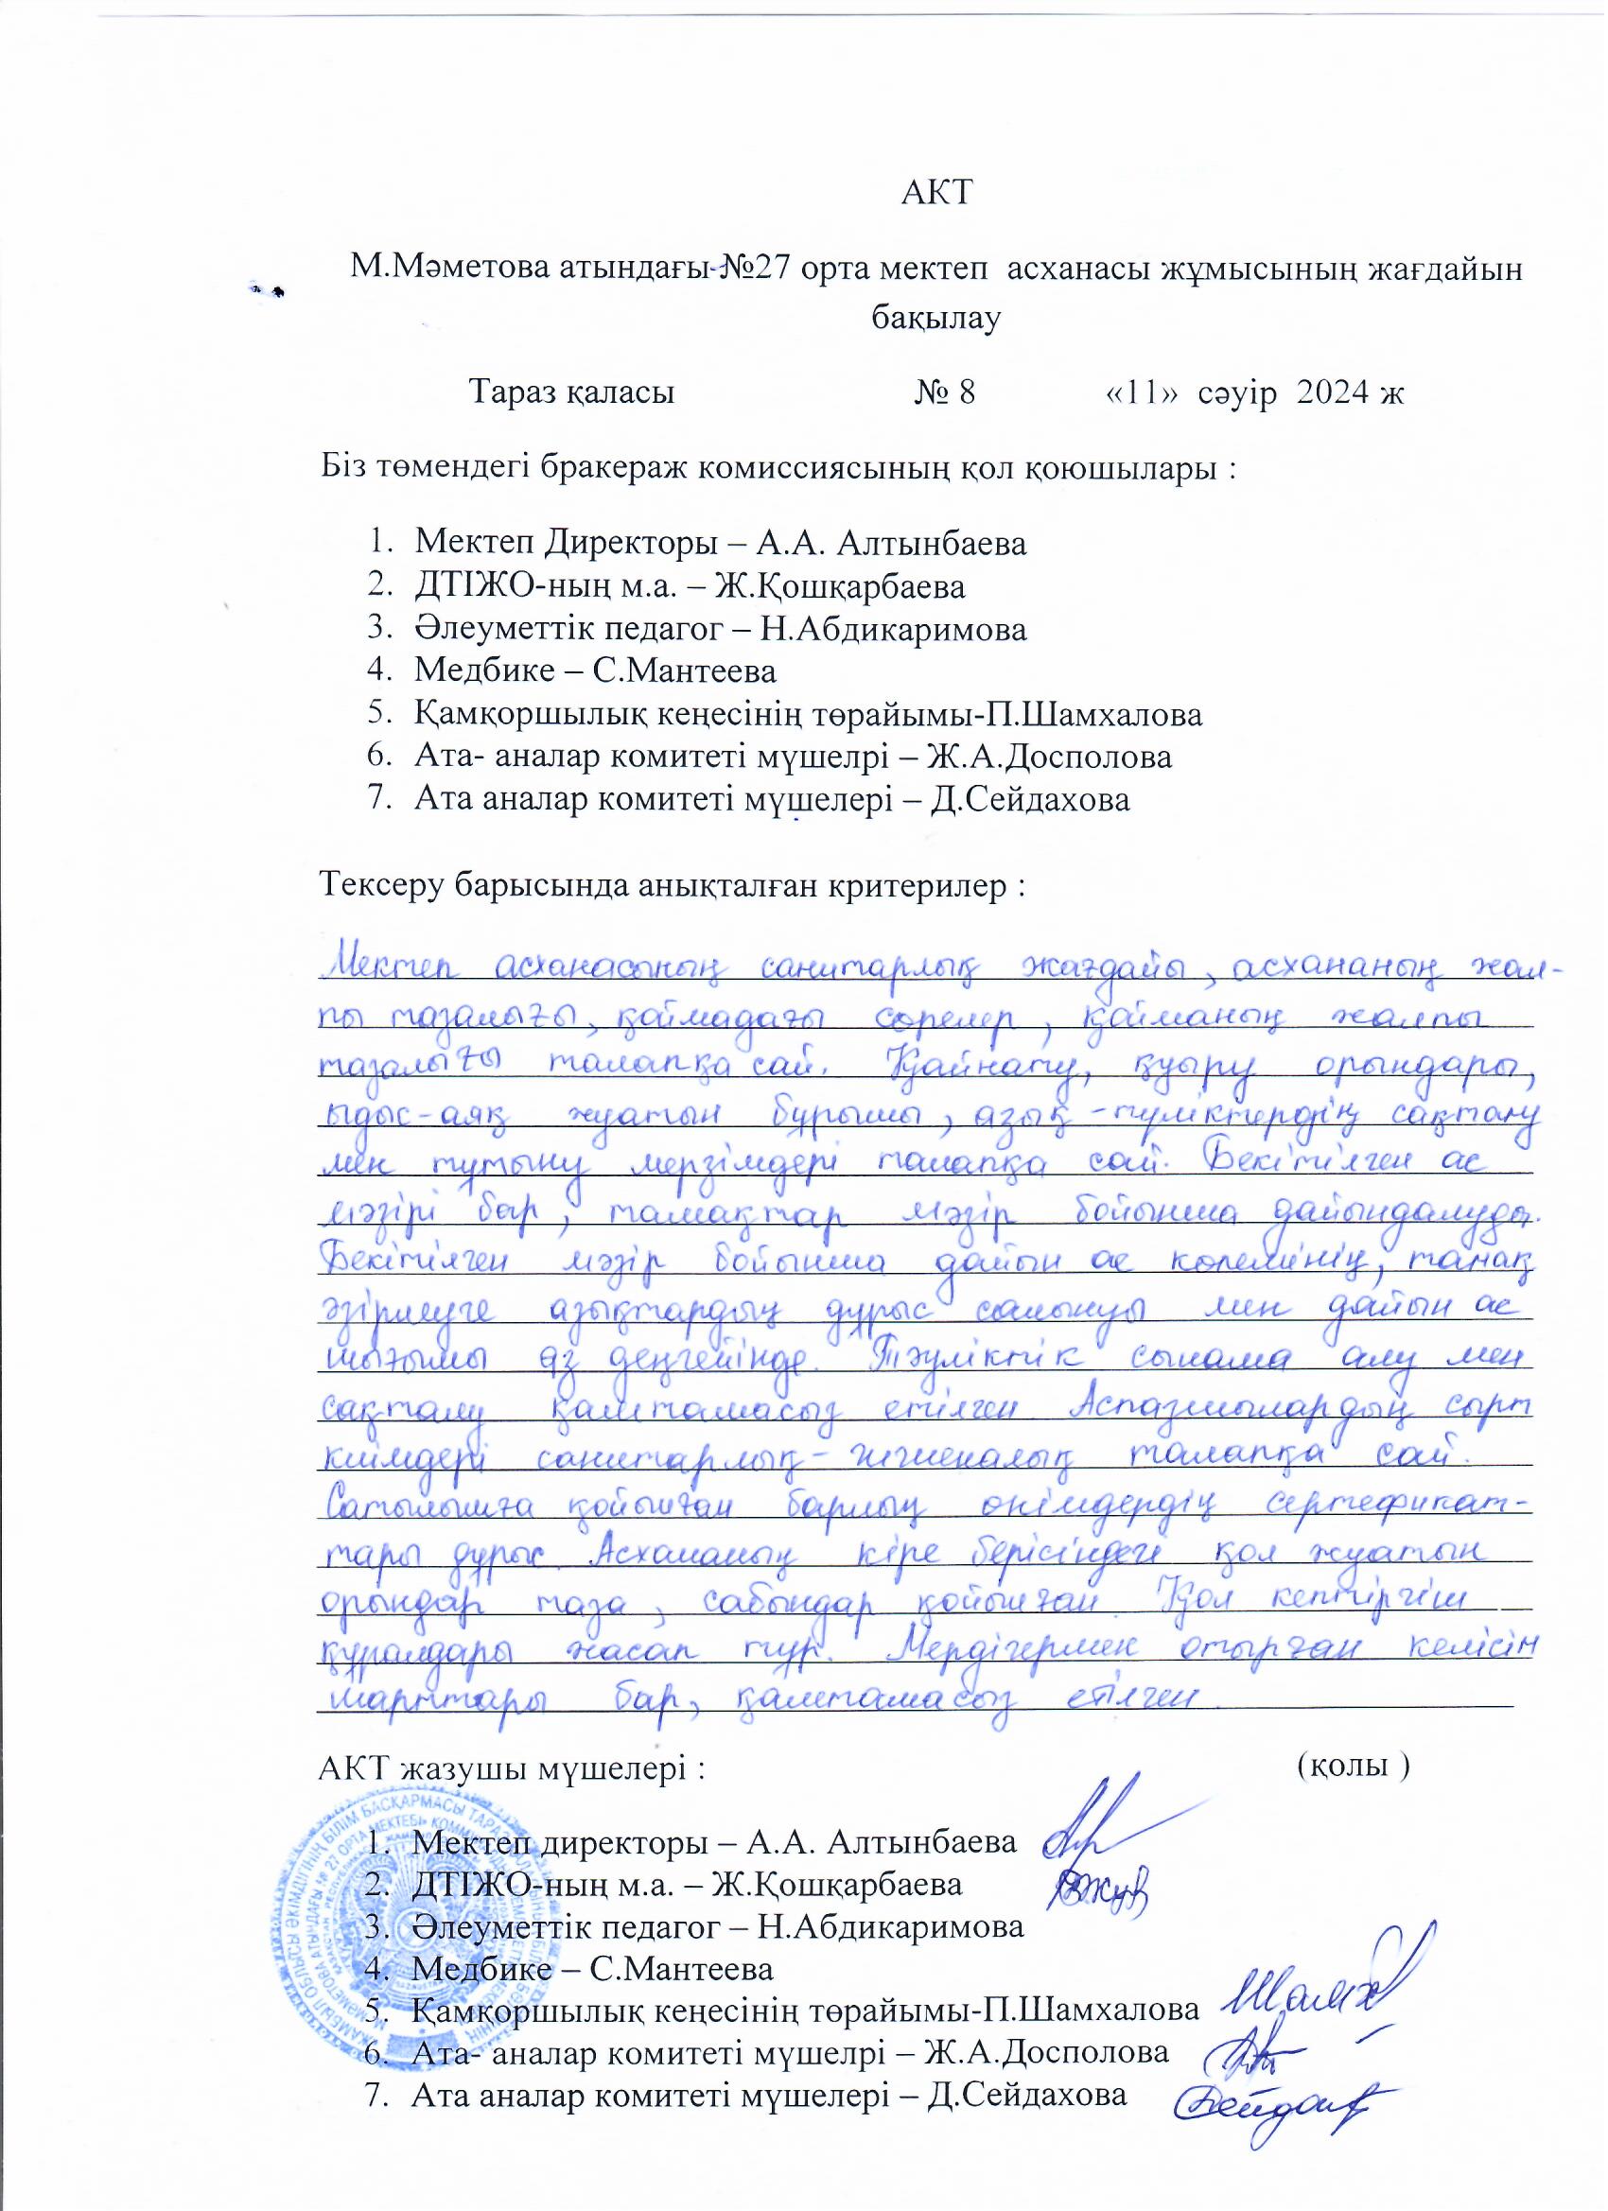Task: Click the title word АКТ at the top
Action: point(937,192)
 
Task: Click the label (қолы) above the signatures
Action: point(1355,1767)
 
